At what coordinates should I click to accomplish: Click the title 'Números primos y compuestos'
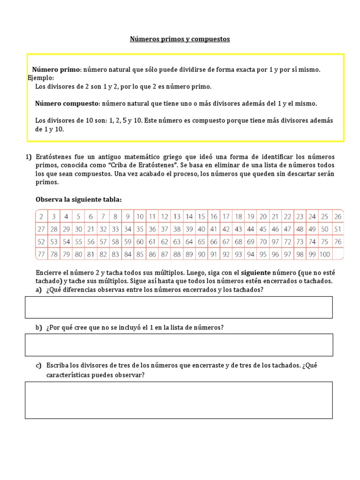tap(180, 39)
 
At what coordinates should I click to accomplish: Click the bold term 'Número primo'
tap(56, 69)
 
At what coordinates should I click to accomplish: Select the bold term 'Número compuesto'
tap(67, 103)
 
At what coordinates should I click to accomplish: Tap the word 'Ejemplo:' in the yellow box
tap(41, 78)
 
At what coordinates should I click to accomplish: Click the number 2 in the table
tap(42, 217)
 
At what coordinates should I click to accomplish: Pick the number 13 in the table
tap(177, 217)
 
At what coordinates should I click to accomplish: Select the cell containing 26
tap(337, 217)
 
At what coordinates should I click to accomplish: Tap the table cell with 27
tap(42, 229)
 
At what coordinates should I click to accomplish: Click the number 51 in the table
tap(337, 229)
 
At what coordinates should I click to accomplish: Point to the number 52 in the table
tap(42, 242)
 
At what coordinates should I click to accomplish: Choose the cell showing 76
tap(337, 242)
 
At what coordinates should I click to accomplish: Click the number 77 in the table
tap(42, 255)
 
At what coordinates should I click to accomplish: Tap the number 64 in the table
tap(189, 242)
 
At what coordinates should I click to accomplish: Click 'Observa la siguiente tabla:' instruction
tap(79, 200)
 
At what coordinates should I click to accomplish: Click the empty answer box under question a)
tap(179, 307)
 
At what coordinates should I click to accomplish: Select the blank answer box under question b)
tap(179, 345)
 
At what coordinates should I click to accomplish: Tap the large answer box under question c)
tap(179, 400)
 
